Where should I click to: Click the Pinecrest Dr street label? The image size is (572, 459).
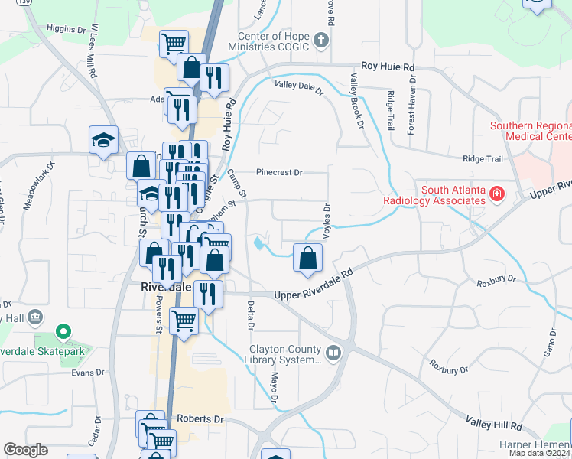coord(280,173)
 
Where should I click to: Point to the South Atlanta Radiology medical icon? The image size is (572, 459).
coord(497,194)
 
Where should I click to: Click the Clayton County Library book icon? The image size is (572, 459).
coord(333,353)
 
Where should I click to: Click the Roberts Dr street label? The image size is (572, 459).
coord(200,419)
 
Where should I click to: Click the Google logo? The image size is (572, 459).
coord(25,450)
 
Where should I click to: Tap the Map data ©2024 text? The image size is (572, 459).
coord(539,453)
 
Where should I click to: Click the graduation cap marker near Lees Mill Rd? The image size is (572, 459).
coord(103,140)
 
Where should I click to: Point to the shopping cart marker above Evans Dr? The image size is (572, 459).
coord(184,322)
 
